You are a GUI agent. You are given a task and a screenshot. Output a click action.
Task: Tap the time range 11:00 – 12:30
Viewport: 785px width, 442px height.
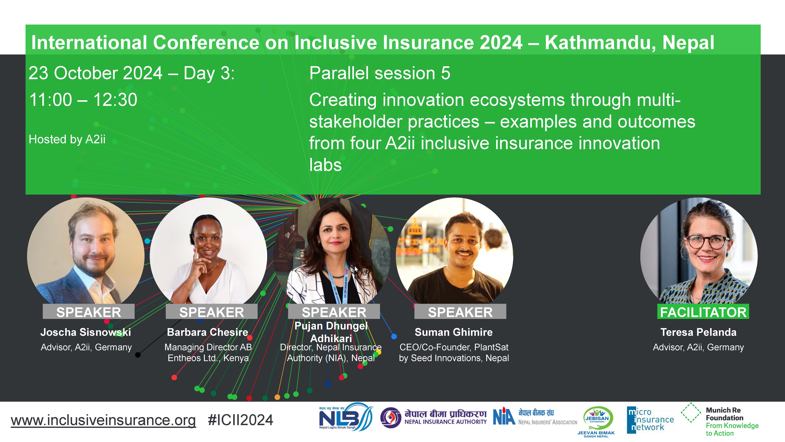click(83, 100)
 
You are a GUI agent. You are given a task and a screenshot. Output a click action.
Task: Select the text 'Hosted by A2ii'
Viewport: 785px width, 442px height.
click(67, 139)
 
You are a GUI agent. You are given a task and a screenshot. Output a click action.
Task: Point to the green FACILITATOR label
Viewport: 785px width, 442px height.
click(703, 312)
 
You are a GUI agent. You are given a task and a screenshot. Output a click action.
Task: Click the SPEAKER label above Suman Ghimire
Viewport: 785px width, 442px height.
click(460, 312)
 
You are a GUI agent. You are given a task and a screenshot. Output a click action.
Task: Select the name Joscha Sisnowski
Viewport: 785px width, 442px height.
click(86, 332)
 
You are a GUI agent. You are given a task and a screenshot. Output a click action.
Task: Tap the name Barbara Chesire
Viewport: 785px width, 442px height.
click(208, 332)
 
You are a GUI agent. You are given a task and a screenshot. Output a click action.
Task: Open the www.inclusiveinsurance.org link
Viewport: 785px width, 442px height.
click(103, 420)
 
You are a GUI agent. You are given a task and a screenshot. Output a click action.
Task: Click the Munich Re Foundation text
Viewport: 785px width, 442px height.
click(723, 414)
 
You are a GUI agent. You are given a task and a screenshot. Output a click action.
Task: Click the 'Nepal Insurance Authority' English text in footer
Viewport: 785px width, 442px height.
click(446, 422)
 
